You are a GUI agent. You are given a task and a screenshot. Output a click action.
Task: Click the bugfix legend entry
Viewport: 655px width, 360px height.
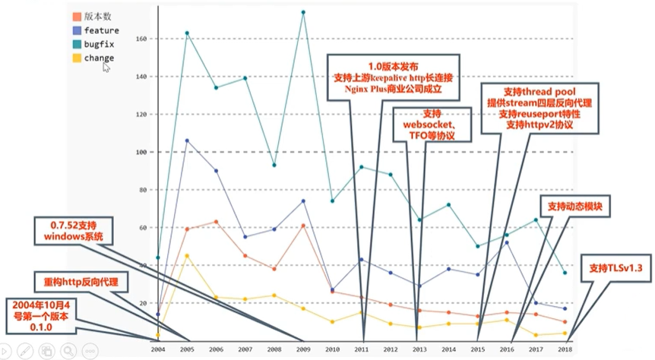(98, 44)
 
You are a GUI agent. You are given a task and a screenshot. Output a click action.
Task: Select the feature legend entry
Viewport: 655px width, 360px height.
(101, 30)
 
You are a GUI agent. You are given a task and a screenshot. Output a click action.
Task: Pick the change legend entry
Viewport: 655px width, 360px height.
(99, 58)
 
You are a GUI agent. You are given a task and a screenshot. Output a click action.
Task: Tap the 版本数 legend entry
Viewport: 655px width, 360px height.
(98, 16)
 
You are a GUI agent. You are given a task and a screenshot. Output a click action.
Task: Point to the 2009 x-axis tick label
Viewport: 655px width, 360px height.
(303, 349)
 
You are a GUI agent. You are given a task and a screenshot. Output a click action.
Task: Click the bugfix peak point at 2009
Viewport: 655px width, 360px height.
(303, 12)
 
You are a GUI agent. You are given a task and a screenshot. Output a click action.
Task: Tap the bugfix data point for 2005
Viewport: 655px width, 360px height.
(187, 33)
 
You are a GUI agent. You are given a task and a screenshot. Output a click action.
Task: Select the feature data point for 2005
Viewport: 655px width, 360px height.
(187, 141)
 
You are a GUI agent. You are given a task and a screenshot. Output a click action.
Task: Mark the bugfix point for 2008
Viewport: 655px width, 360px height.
(274, 165)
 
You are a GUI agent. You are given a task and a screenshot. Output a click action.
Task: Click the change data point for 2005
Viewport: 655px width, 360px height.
(187, 255)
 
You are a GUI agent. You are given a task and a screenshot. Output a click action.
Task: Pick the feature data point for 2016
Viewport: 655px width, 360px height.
(506, 242)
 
